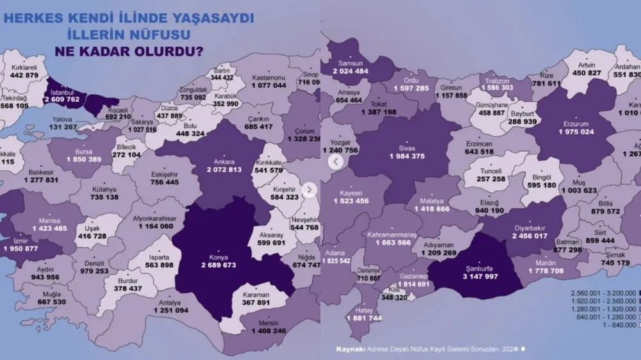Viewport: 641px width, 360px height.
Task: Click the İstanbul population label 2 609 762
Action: coord(62,100)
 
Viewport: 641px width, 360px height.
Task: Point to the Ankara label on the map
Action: coord(223,162)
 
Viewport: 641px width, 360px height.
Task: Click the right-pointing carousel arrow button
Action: coord(310,190)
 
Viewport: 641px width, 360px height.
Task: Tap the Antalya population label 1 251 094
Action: coord(171,310)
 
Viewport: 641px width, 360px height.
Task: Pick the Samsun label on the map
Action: coord(351,63)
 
